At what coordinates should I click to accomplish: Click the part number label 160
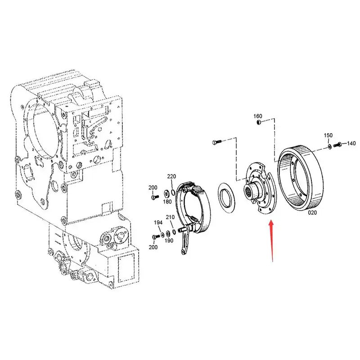258,116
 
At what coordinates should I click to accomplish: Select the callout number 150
328,135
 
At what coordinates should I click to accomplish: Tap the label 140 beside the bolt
351,144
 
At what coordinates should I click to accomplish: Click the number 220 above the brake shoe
171,176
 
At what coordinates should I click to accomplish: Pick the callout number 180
167,202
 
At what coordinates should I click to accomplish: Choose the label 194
158,222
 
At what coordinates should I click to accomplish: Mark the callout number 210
170,217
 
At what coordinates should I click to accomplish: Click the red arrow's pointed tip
270,220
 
